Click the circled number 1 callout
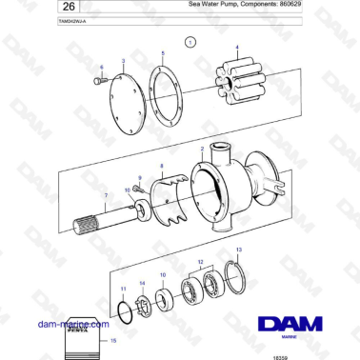(190, 42)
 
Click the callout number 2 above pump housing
(202, 150)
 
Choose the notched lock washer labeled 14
(144, 306)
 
